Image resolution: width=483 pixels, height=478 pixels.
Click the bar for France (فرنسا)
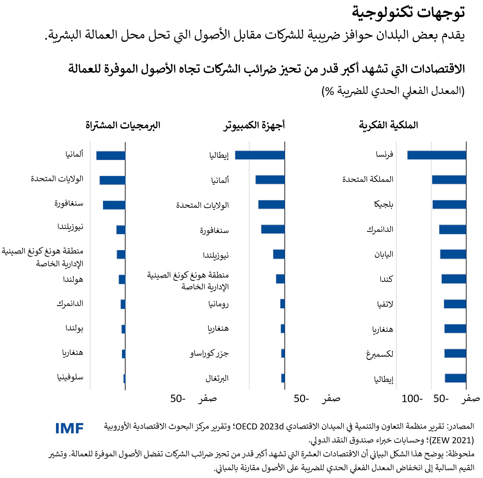437,155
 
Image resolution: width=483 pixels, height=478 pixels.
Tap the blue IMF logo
69,428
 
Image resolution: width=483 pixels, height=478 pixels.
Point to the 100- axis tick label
412,399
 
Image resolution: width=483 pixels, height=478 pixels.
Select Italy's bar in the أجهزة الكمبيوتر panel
260,155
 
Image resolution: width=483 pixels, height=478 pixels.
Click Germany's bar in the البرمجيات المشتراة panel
111,155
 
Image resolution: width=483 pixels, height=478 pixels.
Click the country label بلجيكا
384,204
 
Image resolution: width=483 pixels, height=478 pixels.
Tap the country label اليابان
384,254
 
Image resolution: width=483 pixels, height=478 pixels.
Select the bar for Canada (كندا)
454,279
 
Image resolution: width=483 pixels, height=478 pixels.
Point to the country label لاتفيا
385,304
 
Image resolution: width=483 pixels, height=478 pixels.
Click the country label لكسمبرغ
380,354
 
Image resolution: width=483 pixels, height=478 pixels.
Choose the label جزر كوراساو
209,354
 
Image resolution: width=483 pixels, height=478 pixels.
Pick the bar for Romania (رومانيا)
282,304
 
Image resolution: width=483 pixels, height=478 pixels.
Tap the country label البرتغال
217,378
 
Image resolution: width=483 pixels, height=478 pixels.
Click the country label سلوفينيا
70,377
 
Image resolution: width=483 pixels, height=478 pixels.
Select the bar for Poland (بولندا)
123,329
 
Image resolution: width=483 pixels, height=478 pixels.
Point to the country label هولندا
73,279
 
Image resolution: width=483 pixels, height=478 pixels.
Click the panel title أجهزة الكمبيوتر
254,125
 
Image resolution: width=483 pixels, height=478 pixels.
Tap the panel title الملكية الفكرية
388,125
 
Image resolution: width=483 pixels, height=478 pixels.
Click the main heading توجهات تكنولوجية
408,12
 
